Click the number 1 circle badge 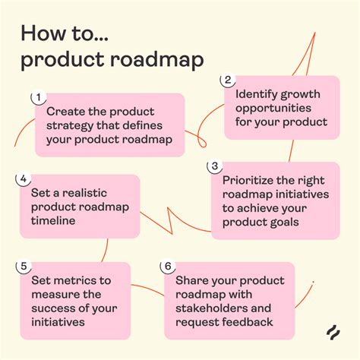(x=36, y=97)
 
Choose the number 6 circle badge (x=166, y=266)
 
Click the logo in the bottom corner (x=332, y=332)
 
